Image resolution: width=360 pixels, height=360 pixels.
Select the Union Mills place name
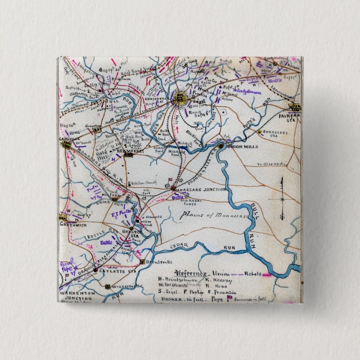pyautogui.click(x=245, y=146)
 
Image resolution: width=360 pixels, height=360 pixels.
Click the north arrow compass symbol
pyautogui.click(x=282, y=198)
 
